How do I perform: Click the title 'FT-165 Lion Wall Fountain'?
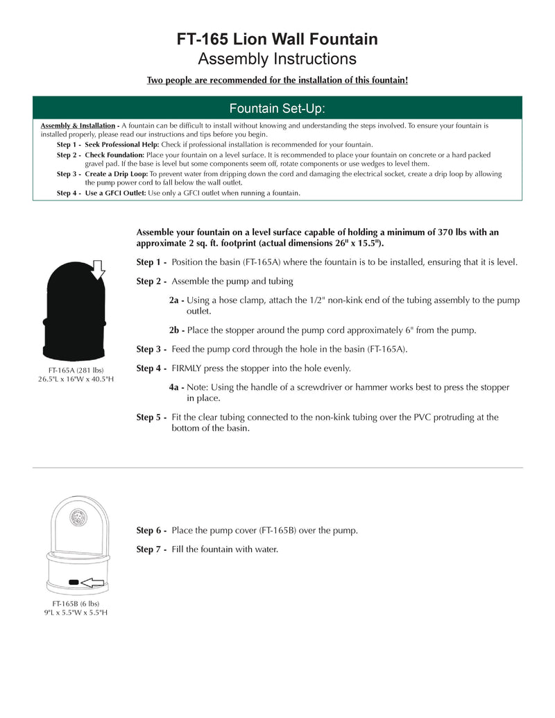point(277,39)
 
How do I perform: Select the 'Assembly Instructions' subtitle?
point(277,58)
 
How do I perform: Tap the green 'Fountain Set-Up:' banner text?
point(277,108)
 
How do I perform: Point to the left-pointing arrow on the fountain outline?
point(92,582)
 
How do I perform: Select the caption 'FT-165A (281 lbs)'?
point(76,370)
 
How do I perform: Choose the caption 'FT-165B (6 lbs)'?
point(76,604)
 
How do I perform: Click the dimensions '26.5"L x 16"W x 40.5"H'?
point(76,379)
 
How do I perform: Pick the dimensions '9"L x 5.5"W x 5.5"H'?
point(76,613)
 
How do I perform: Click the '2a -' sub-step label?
point(177,300)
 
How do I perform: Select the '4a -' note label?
point(177,387)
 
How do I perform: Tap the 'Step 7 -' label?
point(151,549)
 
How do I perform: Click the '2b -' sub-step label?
point(177,330)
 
